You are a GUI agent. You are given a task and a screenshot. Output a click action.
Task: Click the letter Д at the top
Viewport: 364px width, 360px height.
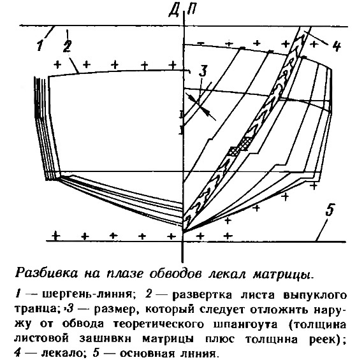click(174, 11)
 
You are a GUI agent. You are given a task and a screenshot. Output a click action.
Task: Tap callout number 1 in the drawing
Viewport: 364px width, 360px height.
click(40, 45)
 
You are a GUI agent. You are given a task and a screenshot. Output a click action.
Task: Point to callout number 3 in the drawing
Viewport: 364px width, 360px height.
click(203, 71)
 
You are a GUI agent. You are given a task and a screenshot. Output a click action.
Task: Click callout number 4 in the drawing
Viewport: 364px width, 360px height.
click(336, 46)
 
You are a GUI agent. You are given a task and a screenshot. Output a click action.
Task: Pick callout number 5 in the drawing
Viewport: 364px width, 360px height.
click(330, 210)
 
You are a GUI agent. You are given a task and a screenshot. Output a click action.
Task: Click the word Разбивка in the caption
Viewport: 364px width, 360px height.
click(47, 273)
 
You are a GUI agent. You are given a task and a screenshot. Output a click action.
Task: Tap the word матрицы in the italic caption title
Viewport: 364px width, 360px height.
click(284, 274)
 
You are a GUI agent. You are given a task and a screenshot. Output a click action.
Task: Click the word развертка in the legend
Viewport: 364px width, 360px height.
click(202, 295)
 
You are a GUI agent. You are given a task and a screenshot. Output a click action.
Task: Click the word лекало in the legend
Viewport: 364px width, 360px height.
click(61, 354)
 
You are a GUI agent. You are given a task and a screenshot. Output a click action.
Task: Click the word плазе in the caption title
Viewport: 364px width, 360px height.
click(124, 274)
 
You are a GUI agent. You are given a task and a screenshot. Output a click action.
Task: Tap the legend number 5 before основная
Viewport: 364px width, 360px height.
click(96, 353)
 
